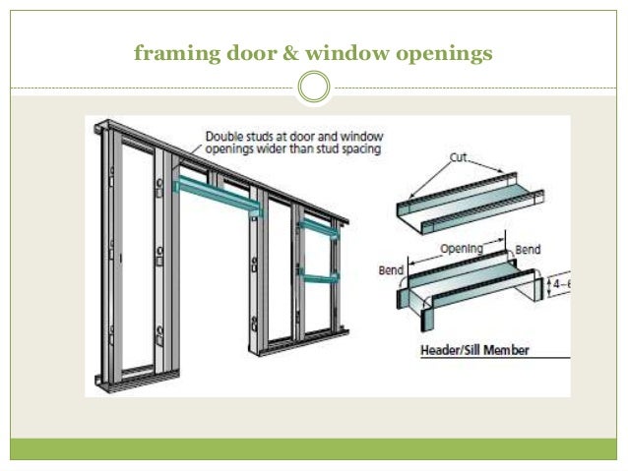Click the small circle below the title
313,88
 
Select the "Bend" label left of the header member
392,267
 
